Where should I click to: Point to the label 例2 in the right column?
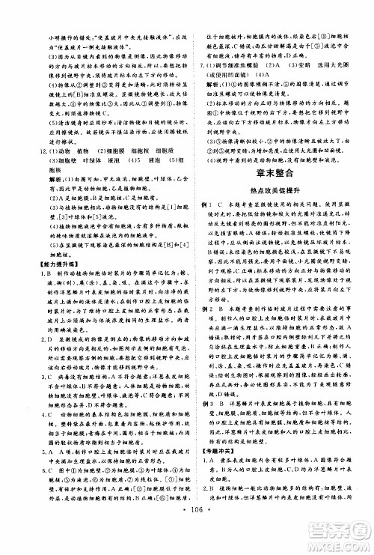pos(204,309)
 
